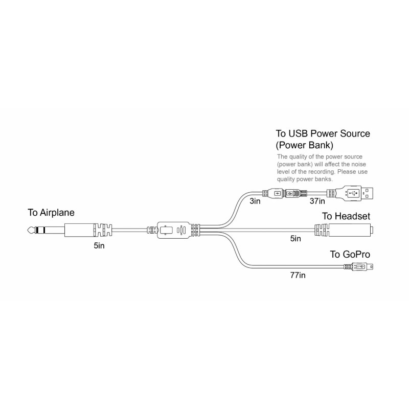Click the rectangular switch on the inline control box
(166, 230)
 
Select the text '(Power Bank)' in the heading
(305, 145)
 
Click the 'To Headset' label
(346, 217)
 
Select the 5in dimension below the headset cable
(295, 238)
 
